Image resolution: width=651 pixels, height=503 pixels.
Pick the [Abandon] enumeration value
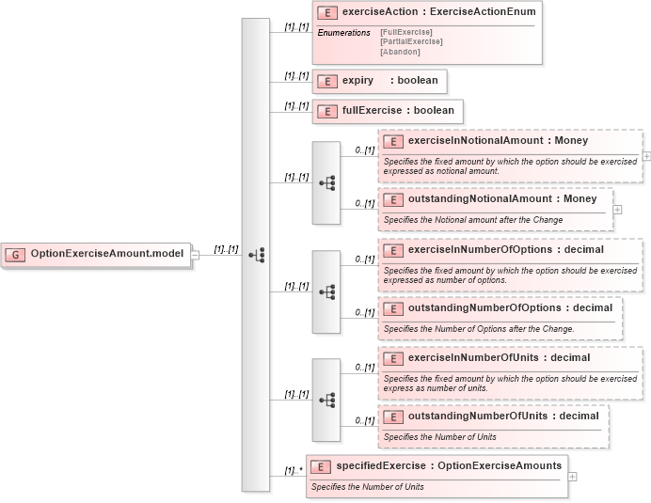click(x=401, y=52)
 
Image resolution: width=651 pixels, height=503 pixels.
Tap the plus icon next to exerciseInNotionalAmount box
click(x=647, y=157)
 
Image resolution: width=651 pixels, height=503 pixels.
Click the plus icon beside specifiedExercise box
click(x=573, y=477)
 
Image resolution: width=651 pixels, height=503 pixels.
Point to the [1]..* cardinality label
click(x=293, y=471)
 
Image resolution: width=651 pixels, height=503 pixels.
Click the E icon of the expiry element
click(x=327, y=82)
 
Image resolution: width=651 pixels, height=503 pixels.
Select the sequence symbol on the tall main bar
click(x=256, y=255)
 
